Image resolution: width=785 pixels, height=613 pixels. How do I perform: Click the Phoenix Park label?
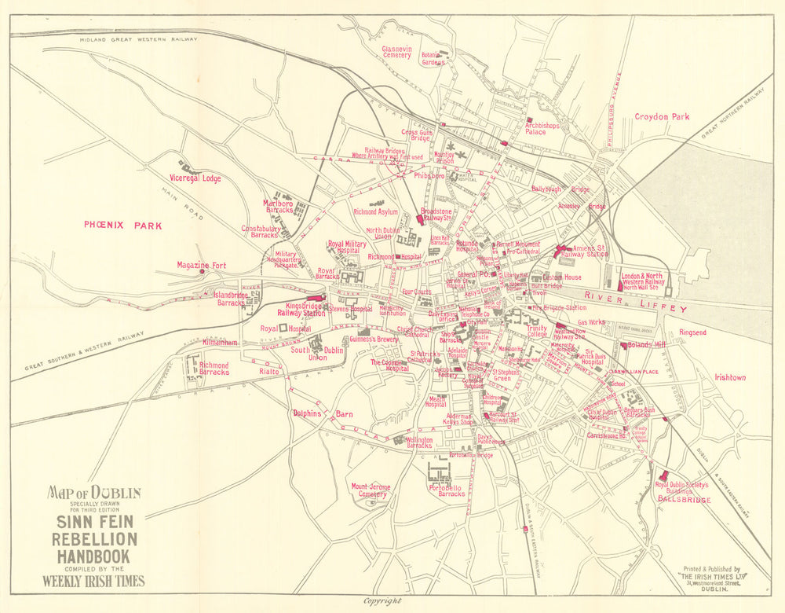coord(123,226)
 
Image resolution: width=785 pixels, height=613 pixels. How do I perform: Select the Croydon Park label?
coord(662,117)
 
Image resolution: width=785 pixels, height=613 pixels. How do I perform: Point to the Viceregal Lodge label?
coord(195,178)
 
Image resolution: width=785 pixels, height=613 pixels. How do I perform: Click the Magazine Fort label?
coord(201,266)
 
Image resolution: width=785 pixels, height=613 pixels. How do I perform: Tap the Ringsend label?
coord(692,332)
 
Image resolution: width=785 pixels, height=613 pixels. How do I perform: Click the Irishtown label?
coord(729,377)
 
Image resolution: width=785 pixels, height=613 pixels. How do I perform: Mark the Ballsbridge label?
coord(684,499)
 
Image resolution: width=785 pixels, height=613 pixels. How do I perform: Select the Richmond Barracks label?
coord(214,369)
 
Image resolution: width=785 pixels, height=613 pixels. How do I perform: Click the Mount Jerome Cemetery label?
coord(369,490)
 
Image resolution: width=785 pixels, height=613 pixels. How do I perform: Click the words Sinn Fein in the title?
coord(93,521)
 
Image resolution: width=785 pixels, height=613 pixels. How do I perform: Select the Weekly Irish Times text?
coord(93,582)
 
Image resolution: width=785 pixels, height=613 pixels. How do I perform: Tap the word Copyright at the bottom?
coord(382,600)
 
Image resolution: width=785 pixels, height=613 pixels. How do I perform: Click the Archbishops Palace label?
coord(546,127)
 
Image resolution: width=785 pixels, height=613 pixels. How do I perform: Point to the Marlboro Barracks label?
coord(276,207)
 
